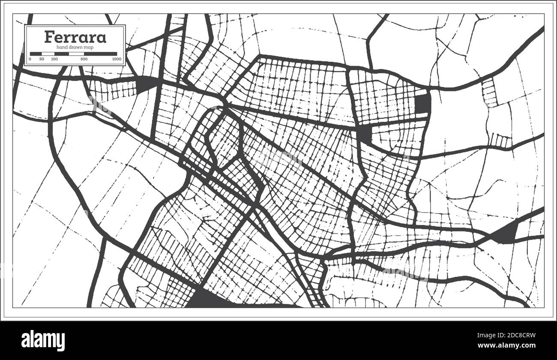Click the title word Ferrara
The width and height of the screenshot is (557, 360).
pyautogui.click(x=75, y=37)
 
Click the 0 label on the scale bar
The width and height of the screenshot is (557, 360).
pyautogui.click(x=30, y=59)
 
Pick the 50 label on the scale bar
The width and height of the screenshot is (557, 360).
pyautogui.click(x=41, y=59)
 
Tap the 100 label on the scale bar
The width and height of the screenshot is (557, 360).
pyautogui.click(x=54, y=59)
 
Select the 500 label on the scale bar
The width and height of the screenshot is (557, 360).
pyautogui.click(x=84, y=59)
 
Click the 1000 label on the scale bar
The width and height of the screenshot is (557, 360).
pyautogui.click(x=117, y=59)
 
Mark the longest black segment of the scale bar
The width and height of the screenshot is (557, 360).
pyautogui.click(x=101, y=54)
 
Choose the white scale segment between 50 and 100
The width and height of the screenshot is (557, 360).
pyautogui.click(x=48, y=54)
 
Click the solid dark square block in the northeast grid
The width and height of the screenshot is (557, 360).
pyautogui.click(x=422, y=104)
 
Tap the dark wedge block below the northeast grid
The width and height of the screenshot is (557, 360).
pyautogui.click(x=365, y=134)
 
